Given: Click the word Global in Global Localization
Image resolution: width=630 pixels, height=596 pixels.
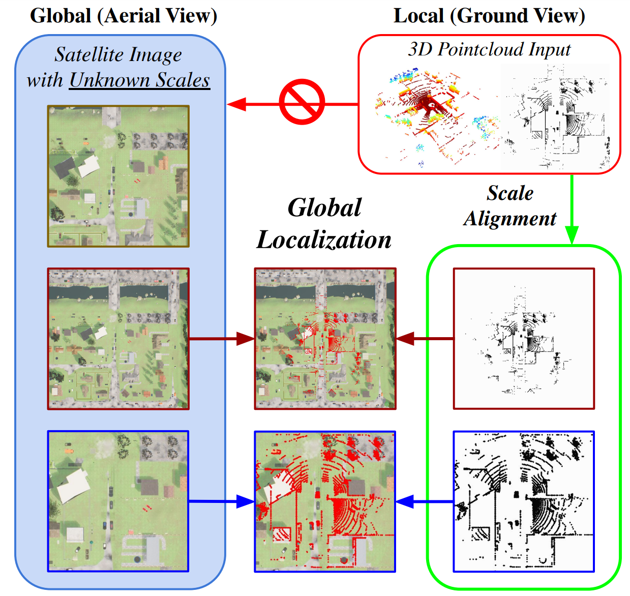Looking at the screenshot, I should tap(324, 207).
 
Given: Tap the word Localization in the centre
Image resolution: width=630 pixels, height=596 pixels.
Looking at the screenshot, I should tap(324, 240).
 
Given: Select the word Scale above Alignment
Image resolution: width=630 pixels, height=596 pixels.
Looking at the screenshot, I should tap(510, 193).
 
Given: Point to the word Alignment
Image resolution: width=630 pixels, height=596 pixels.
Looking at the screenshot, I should tap(510, 219).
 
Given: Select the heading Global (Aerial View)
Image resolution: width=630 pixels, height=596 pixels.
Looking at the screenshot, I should tap(124, 15).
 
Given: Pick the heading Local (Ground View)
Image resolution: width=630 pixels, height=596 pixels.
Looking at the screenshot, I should tap(489, 15).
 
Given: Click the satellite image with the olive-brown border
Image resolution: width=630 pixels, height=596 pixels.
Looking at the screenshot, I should tap(118, 176).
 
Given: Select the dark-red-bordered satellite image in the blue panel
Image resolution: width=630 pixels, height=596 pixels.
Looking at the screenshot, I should tap(118, 339).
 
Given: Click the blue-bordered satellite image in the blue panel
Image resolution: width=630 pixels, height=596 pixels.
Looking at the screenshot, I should tap(118, 501).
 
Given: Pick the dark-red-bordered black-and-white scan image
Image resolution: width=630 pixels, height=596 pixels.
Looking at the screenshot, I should tap(524, 339).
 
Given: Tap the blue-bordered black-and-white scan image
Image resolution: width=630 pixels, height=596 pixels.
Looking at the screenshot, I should tap(524, 501).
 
